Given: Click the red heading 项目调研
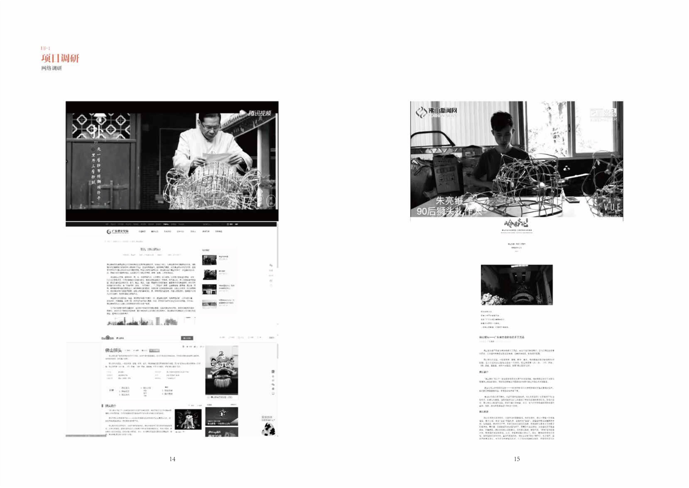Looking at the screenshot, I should [60, 58].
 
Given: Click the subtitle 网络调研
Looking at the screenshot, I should [52, 68].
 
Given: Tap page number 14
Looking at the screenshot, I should [172, 459].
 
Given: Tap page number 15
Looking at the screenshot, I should [516, 459].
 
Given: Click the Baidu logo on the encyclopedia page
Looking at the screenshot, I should [106, 338].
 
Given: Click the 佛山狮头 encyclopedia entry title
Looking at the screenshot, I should [113, 350].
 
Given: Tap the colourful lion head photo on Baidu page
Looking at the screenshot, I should [221, 370].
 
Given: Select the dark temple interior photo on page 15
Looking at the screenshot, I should [516, 285].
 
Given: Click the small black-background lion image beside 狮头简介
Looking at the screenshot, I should [188, 420].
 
